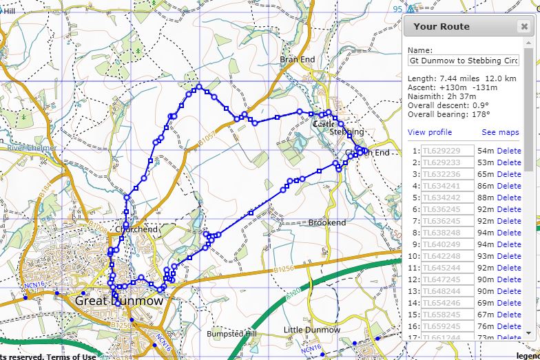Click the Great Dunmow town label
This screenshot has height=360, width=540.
click(x=119, y=301)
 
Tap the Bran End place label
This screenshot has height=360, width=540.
click(x=298, y=60)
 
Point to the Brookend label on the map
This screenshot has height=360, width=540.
click(x=327, y=223)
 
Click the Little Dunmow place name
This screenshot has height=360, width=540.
click(x=312, y=330)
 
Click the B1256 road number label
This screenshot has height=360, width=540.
click(x=283, y=269)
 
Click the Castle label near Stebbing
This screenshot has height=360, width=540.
click(x=323, y=125)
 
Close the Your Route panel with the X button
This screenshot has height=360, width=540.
click(x=524, y=27)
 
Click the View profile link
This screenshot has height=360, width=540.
click(x=430, y=132)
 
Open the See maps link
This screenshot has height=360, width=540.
click(x=500, y=132)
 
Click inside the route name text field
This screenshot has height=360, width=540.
click(x=463, y=61)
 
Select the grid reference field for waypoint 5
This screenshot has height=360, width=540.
click(x=447, y=198)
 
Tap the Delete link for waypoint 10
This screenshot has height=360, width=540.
click(x=509, y=256)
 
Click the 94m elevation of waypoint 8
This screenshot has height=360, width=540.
click(x=486, y=233)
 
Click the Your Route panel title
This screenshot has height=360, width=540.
click(x=442, y=27)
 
